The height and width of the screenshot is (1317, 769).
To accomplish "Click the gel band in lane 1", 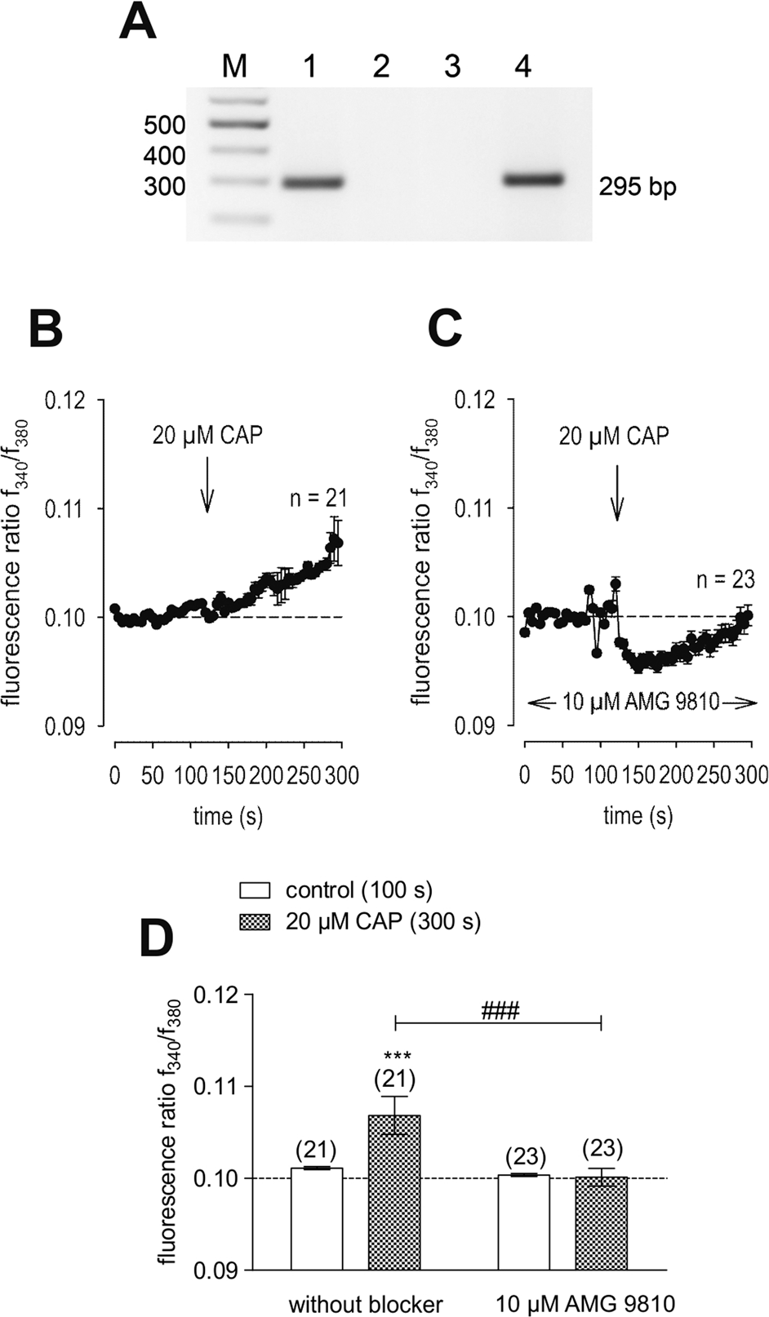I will click(x=313, y=182).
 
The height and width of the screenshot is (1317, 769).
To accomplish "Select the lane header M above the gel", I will click(x=234, y=66).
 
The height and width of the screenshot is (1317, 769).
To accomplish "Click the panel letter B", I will click(x=46, y=329).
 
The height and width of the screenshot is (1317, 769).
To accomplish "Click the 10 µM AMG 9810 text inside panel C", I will click(x=642, y=702).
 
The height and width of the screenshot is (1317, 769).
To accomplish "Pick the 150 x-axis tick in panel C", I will click(x=638, y=774).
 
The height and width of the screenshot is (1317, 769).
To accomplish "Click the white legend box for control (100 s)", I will click(x=255, y=889).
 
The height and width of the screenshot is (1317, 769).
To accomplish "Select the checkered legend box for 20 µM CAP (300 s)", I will click(x=255, y=921).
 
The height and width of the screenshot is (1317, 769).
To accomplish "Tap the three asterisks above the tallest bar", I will click(x=395, y=1057).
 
